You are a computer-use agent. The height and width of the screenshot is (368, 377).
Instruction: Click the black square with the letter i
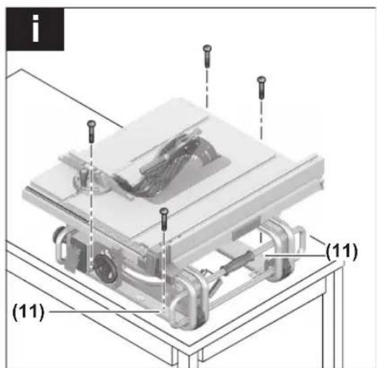point(35,29)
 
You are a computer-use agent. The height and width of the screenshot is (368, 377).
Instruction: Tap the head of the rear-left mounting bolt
point(207,48)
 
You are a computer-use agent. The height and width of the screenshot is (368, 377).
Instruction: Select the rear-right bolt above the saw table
point(262,88)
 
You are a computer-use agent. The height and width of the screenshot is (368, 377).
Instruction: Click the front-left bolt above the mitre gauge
point(91,131)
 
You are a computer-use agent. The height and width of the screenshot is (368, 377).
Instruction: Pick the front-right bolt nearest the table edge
point(164,219)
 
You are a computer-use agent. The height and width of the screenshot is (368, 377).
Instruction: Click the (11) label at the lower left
point(28,312)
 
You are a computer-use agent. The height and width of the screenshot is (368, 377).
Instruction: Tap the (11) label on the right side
point(342,251)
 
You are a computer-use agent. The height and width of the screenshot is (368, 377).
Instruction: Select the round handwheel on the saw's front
point(106,267)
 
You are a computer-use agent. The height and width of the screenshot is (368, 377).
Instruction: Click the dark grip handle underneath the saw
point(238,262)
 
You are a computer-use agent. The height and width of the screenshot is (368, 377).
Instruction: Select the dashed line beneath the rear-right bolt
point(262,119)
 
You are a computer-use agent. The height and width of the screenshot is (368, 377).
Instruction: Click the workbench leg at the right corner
point(337,317)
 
